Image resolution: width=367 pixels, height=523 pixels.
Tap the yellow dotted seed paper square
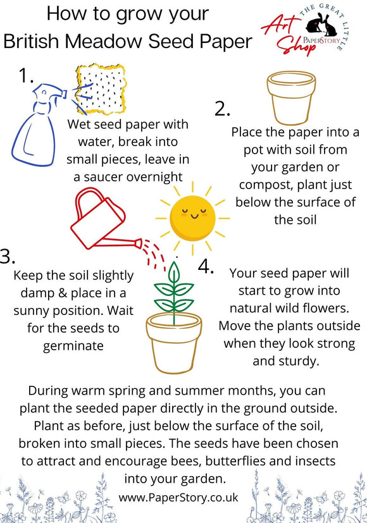click(x=101, y=89)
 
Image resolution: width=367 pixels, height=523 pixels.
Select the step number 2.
click(x=221, y=109)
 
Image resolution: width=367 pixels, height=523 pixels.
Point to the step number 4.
click(x=206, y=266)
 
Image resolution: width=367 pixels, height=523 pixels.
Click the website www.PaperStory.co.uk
click(x=178, y=497)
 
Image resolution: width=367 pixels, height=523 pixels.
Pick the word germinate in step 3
click(x=73, y=346)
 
